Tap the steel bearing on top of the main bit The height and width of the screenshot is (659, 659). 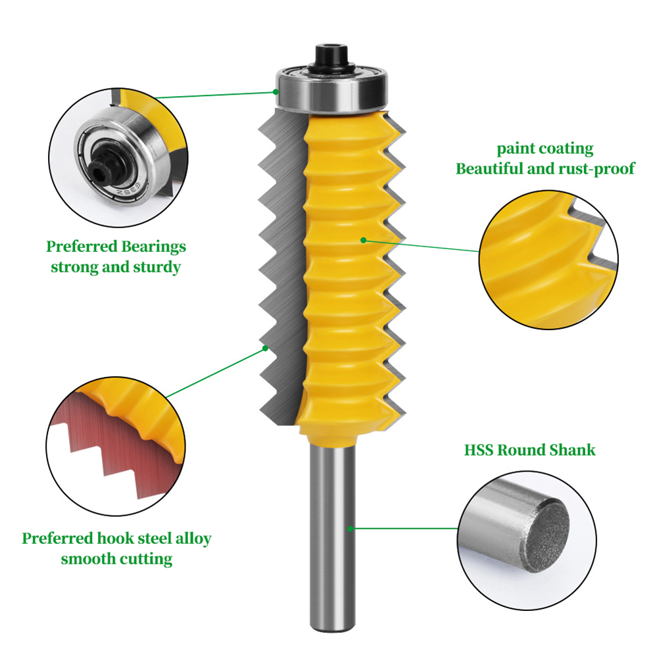[332, 90]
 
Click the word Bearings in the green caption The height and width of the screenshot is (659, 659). [153, 247]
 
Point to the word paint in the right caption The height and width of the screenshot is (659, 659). [516, 149]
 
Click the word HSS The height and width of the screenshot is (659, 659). [478, 450]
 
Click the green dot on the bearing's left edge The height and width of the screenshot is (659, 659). [276, 91]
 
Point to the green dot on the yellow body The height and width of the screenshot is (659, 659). [364, 240]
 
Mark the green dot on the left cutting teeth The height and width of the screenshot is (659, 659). [266, 348]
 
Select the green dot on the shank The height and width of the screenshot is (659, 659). [351, 529]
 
